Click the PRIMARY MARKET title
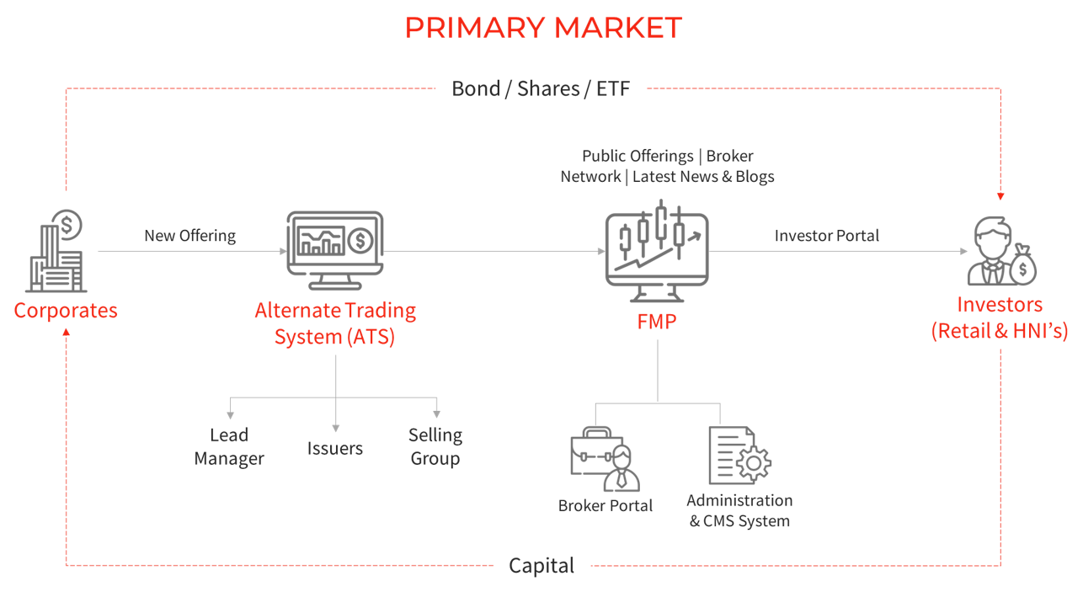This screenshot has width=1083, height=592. click(543, 28)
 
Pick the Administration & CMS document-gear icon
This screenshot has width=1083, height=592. click(739, 455)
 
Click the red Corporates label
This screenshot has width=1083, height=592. click(66, 310)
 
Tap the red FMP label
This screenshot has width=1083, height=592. click(657, 323)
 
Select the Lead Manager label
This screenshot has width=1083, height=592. click(229, 447)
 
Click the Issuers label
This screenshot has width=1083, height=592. click(335, 449)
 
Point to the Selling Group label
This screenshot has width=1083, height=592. click(435, 447)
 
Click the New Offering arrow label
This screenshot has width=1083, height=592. click(190, 236)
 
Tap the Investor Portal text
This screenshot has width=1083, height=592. click(826, 236)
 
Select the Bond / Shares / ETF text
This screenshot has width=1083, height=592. click(541, 88)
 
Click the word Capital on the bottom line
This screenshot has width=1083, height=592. click(541, 566)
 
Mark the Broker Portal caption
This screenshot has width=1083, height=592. click(606, 506)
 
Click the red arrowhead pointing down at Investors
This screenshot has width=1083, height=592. click(1000, 196)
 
